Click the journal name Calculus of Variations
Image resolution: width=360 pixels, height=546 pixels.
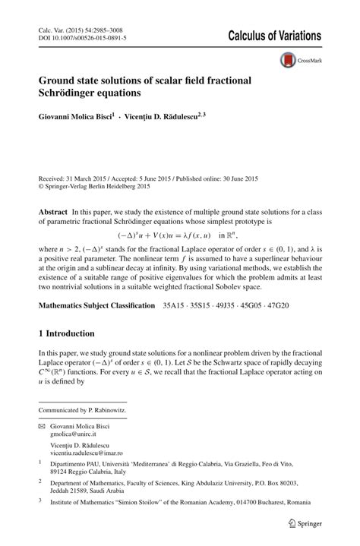click(x=269, y=36)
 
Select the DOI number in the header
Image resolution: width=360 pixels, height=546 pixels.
click(x=88, y=36)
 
